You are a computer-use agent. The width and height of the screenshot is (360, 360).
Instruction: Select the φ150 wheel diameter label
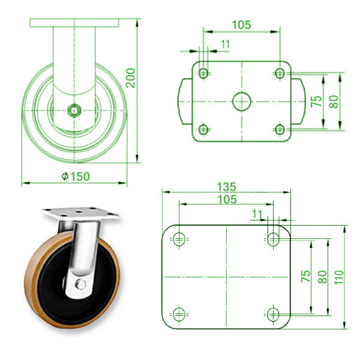click(75, 176)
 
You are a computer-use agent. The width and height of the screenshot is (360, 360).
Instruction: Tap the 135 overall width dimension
click(227, 186)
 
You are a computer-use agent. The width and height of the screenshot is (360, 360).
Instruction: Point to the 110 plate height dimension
click(340, 277)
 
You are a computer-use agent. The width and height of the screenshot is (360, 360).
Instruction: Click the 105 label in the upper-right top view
click(241, 25)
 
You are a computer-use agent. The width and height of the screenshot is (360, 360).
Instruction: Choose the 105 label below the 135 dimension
click(227, 199)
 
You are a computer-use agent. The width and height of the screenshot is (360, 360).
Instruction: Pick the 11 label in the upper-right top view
click(226, 44)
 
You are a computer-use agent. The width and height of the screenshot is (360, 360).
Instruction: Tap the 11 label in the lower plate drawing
click(257, 213)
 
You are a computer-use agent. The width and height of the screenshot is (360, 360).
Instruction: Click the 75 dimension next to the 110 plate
click(305, 277)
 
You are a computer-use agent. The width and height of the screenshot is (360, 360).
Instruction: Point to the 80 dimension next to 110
click(322, 277)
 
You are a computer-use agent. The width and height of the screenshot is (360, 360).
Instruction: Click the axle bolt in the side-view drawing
click(74, 110)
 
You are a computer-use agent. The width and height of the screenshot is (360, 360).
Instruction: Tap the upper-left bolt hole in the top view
click(203, 73)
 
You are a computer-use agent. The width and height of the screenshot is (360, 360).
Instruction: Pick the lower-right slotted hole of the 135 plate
click(273, 313)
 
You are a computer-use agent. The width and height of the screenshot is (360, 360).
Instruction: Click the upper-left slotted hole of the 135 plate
click(178, 239)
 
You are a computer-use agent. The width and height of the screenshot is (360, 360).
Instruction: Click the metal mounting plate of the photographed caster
click(78, 213)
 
